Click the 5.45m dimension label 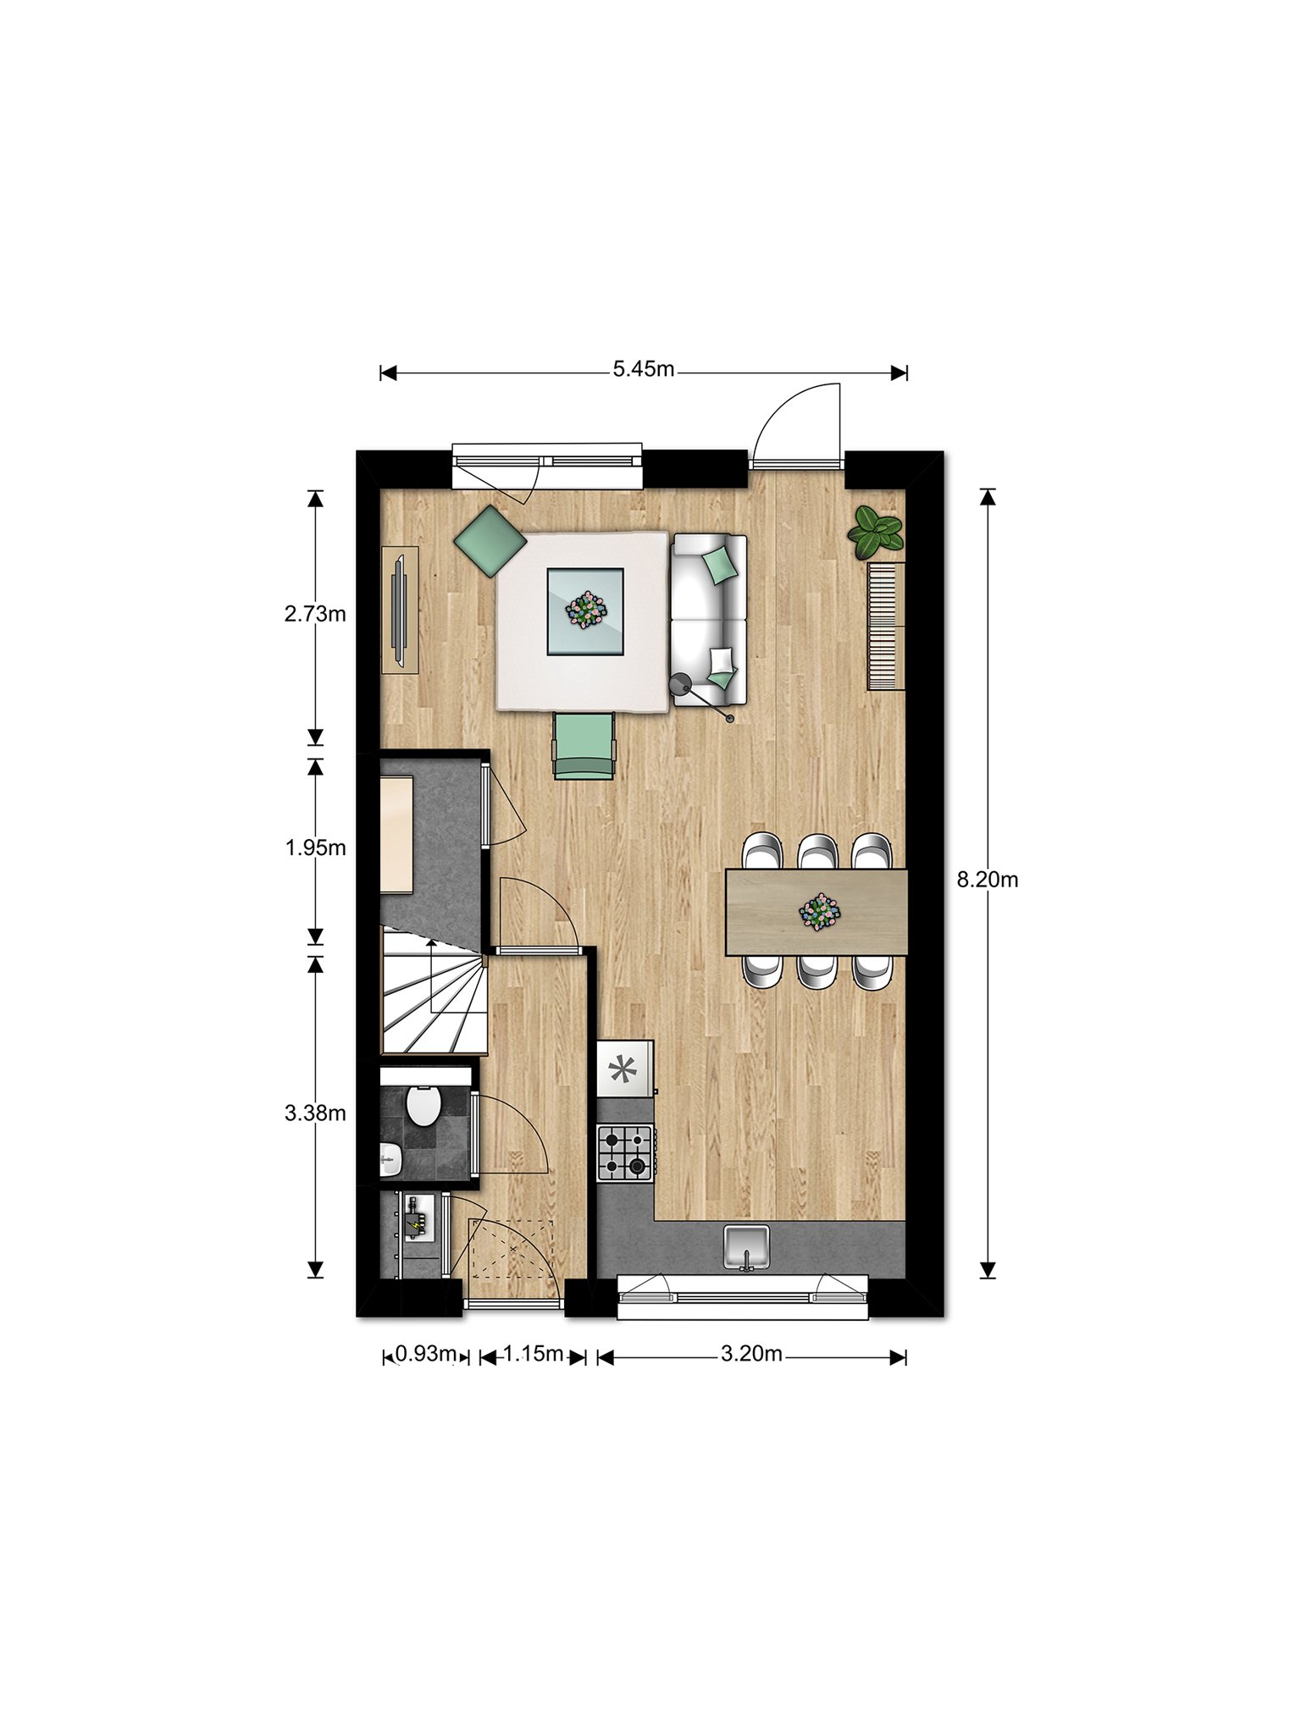(644, 369)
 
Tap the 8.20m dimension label (988, 880)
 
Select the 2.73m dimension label (315, 614)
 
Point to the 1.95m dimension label (315, 848)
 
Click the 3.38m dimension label (315, 1113)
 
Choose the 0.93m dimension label (426, 1354)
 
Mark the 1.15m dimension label (534, 1354)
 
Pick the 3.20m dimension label (751, 1354)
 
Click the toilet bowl (423, 1106)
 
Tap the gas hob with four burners (626, 1153)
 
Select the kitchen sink (746, 1247)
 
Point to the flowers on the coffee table (586, 609)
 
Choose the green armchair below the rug (584, 745)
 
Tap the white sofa (709, 619)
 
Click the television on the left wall (399, 610)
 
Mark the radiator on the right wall (886, 627)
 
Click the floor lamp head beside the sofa (680, 684)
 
